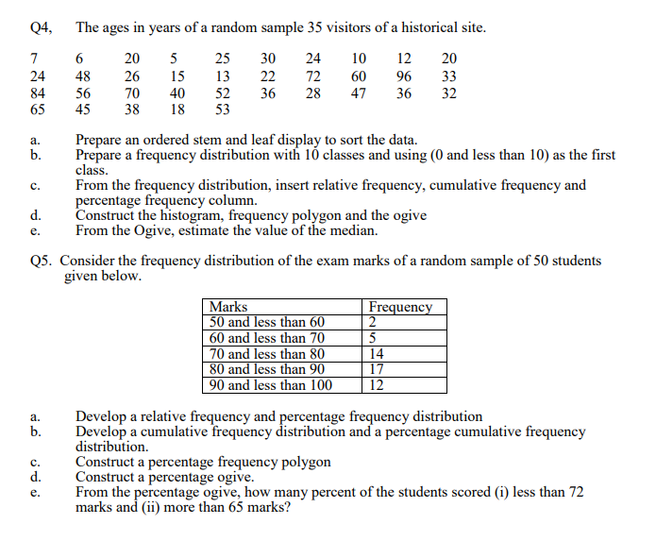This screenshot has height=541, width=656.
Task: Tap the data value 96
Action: point(404,76)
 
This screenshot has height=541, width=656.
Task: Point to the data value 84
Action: point(38,93)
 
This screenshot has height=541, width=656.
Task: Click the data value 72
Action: point(313,76)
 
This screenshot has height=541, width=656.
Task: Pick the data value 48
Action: point(83,76)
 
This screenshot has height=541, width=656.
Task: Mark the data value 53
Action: point(223,110)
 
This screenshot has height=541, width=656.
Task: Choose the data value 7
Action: point(34,59)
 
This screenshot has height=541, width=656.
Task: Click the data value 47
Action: point(359,93)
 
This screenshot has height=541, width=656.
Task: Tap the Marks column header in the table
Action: point(228,307)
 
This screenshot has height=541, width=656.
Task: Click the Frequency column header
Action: point(400,307)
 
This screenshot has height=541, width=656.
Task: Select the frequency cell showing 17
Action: point(377,369)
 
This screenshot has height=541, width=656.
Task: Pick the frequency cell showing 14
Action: point(377,354)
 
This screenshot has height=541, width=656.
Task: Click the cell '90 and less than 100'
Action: point(271,384)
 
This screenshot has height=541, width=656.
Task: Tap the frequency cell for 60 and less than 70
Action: point(373,338)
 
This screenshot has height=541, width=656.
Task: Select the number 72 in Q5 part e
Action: point(575,493)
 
